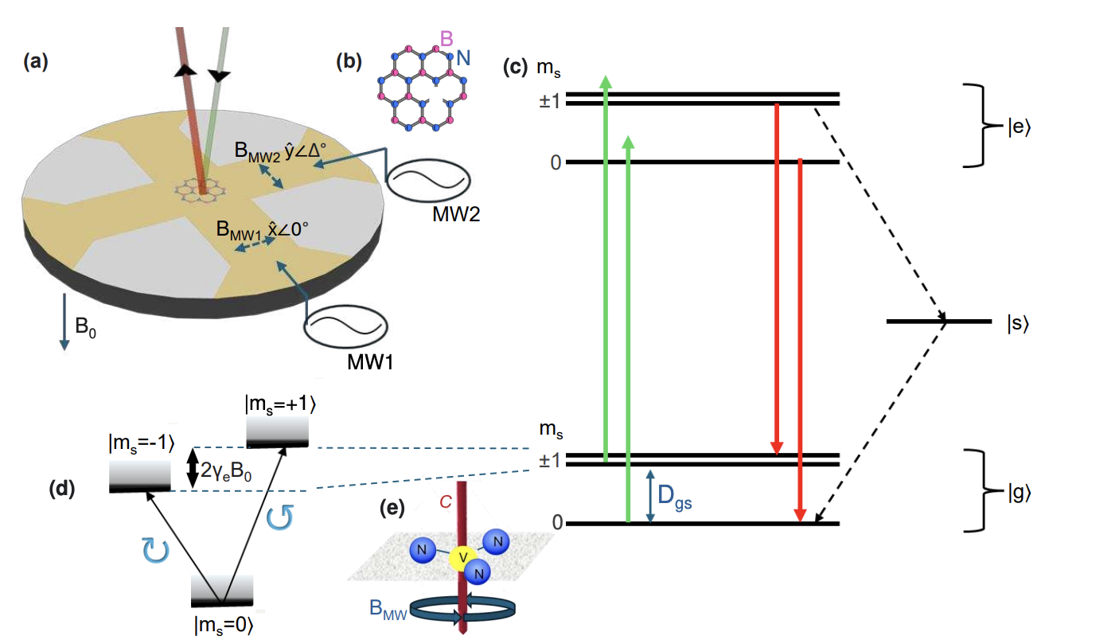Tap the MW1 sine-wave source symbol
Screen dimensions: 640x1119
pos(348,326)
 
